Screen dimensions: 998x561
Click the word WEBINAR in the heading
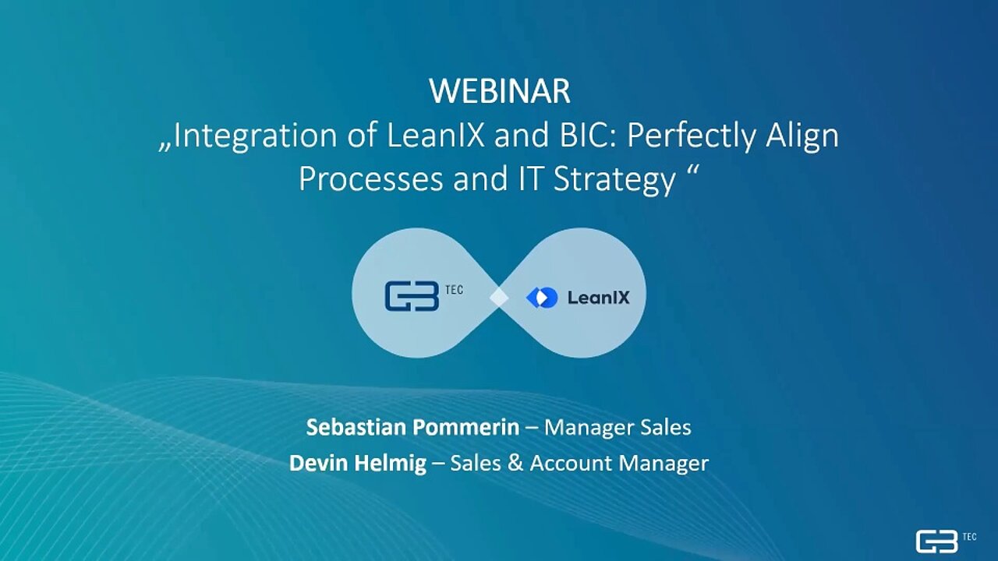pyautogui.click(x=500, y=91)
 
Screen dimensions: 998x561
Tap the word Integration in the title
pyautogui.click(x=255, y=136)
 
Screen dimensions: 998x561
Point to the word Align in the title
pyautogui.click(x=802, y=136)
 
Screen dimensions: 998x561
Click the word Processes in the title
pyautogui.click(x=370, y=179)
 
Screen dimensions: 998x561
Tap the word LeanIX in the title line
pyautogui.click(x=435, y=136)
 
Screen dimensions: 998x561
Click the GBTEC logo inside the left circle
pyautogui.click(x=423, y=295)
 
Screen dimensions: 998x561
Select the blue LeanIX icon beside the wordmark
pyautogui.click(x=542, y=298)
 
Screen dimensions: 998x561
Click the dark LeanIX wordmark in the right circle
pyautogui.click(x=598, y=298)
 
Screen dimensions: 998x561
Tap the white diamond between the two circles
pyautogui.click(x=499, y=298)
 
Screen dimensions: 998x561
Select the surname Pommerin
pyautogui.click(x=465, y=428)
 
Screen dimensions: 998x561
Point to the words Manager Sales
pyautogui.click(x=618, y=429)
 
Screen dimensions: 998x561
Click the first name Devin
pyautogui.click(x=316, y=464)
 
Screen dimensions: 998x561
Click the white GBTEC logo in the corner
pyautogui.click(x=946, y=541)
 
